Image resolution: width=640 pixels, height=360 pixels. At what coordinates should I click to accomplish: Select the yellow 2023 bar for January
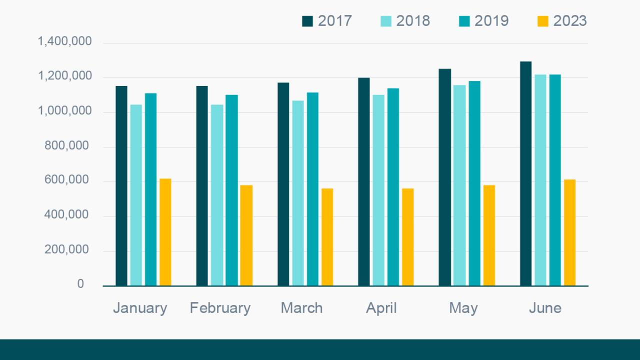click(165, 232)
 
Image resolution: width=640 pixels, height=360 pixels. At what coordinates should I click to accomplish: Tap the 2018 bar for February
click(217, 195)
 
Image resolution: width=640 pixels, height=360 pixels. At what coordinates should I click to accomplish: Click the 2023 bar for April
click(407, 237)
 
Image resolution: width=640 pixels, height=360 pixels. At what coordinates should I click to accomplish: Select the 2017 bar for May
click(445, 177)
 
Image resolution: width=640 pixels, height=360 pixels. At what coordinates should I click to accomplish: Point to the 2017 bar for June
click(525, 173)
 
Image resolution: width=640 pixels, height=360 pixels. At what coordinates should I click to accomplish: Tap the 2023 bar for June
click(569, 232)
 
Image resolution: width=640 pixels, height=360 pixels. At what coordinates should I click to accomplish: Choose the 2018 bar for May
click(459, 185)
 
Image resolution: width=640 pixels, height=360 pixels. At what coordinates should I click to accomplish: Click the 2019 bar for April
click(393, 187)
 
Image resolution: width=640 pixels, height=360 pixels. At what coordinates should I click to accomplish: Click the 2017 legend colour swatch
click(307, 21)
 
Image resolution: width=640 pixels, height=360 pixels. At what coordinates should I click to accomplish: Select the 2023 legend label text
click(569, 21)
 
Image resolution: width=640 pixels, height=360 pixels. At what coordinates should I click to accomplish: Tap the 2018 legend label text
click(413, 21)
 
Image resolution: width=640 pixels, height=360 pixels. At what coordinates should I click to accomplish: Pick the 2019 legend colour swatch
click(464, 21)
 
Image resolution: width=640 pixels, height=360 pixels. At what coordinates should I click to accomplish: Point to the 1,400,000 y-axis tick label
click(65, 41)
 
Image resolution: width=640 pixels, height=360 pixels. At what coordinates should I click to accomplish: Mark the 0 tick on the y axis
click(80, 284)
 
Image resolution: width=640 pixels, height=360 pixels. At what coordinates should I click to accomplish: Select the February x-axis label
click(220, 308)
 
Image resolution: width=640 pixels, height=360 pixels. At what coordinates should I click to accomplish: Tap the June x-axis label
click(545, 308)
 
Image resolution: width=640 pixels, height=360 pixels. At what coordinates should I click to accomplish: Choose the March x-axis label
click(301, 308)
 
